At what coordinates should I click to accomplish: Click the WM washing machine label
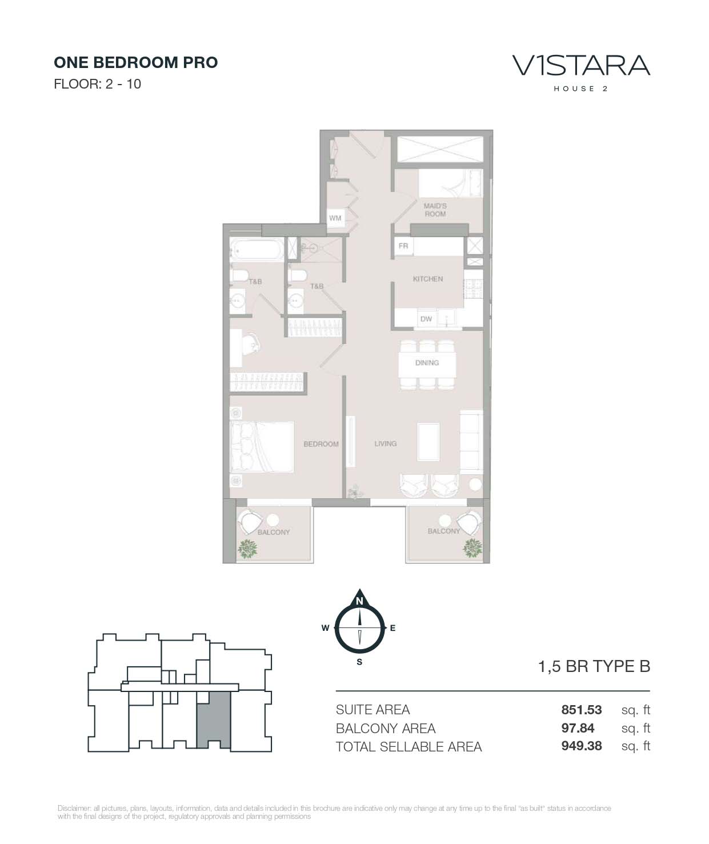point(335,218)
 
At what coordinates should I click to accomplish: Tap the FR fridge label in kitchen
point(403,246)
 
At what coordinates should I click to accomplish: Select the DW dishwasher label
point(426,319)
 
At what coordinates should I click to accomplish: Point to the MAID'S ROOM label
point(435,210)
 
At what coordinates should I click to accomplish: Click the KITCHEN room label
point(428,279)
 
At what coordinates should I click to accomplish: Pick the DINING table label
point(427,363)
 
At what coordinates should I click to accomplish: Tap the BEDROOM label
point(321,444)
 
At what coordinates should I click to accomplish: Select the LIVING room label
point(385,443)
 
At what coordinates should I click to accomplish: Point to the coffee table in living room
point(428,441)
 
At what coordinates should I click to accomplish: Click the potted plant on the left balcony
point(248,549)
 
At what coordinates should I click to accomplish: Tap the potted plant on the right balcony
point(472,547)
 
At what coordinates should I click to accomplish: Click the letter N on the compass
point(359,601)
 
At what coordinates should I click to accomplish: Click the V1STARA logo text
point(581,66)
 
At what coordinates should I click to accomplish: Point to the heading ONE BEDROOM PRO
point(136,62)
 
